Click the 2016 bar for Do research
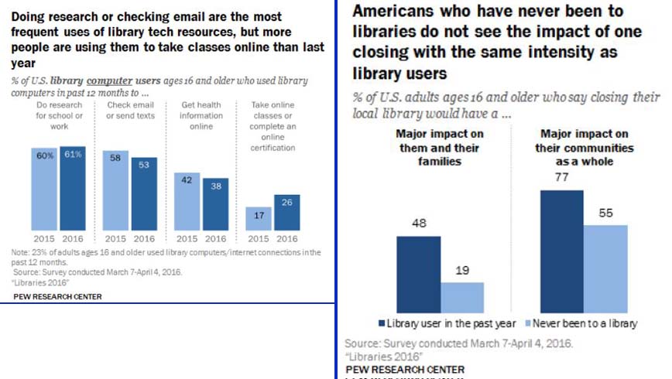click(73, 189)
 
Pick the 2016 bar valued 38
click(216, 205)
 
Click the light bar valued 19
click(462, 295)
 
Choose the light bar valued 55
click(605, 267)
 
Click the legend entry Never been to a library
click(585, 323)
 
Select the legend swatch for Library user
click(382, 323)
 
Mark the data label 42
click(187, 180)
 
